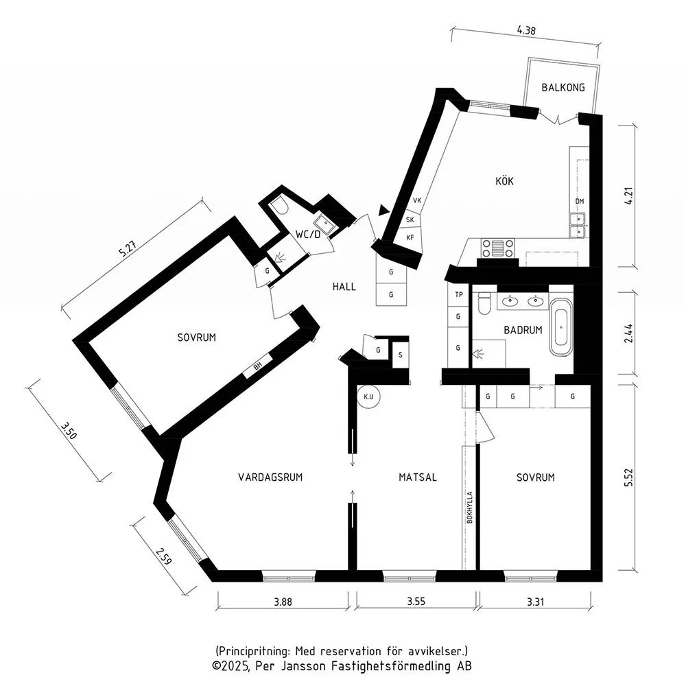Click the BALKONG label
(563, 88)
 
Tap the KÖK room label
(504, 180)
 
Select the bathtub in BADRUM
(560, 327)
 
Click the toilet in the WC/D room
(279, 206)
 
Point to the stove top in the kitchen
(497, 248)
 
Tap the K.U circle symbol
(368, 397)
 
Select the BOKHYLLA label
(470, 508)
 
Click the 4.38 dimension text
(526, 30)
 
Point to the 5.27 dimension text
(128, 248)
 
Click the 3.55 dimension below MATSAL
(416, 601)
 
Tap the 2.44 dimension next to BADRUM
(628, 333)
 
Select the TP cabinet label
(458, 294)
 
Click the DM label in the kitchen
(580, 201)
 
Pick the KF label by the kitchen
(410, 237)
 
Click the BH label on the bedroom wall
(258, 366)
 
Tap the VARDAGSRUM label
(270, 477)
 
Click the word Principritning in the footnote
(253, 651)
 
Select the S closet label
(401, 355)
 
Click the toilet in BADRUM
(484, 303)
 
